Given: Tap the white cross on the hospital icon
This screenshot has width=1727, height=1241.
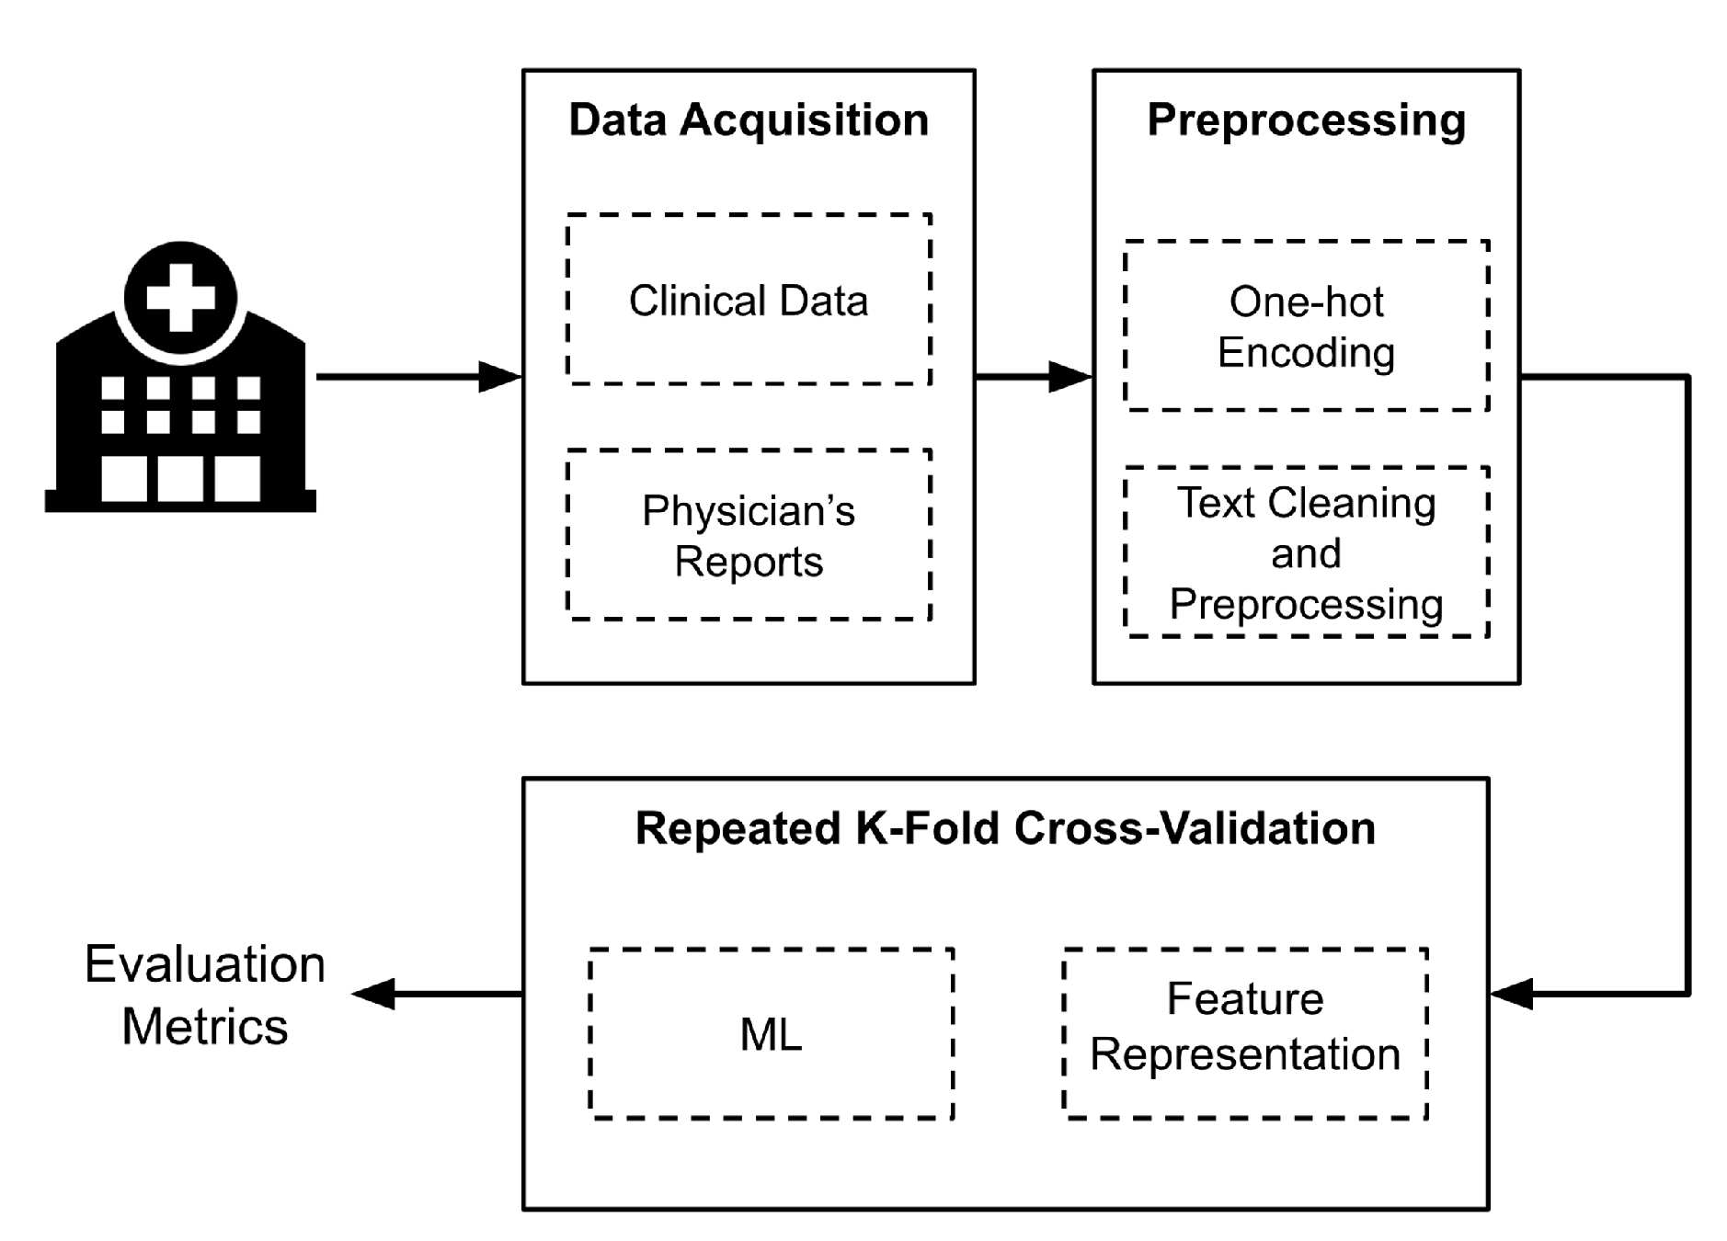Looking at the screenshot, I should click(180, 297).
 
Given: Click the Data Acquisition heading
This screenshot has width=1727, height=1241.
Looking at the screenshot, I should click(748, 120).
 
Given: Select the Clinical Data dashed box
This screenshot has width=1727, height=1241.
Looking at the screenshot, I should click(748, 300).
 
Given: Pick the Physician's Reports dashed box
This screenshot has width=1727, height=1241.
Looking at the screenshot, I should click(748, 535).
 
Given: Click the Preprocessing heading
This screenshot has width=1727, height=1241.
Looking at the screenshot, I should click(1305, 120).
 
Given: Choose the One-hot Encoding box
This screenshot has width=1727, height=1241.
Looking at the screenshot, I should click(1305, 325).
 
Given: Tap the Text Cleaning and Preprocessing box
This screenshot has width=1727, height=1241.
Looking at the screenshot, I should click(1305, 552).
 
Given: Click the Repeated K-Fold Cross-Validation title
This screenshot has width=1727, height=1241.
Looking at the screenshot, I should click(1004, 828).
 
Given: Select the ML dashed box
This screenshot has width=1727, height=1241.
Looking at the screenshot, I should click(771, 1034).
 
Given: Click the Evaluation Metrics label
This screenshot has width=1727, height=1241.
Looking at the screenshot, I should click(204, 995).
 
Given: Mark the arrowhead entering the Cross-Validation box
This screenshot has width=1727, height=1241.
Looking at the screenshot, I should click(1511, 994).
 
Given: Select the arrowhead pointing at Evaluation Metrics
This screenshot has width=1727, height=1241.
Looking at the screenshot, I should click(373, 994).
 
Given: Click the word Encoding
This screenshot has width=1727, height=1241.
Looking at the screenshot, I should click(1305, 353).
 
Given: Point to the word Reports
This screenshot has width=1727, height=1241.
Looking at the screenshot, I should click(748, 561).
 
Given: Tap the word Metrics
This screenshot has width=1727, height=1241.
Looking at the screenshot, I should click(204, 1026).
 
